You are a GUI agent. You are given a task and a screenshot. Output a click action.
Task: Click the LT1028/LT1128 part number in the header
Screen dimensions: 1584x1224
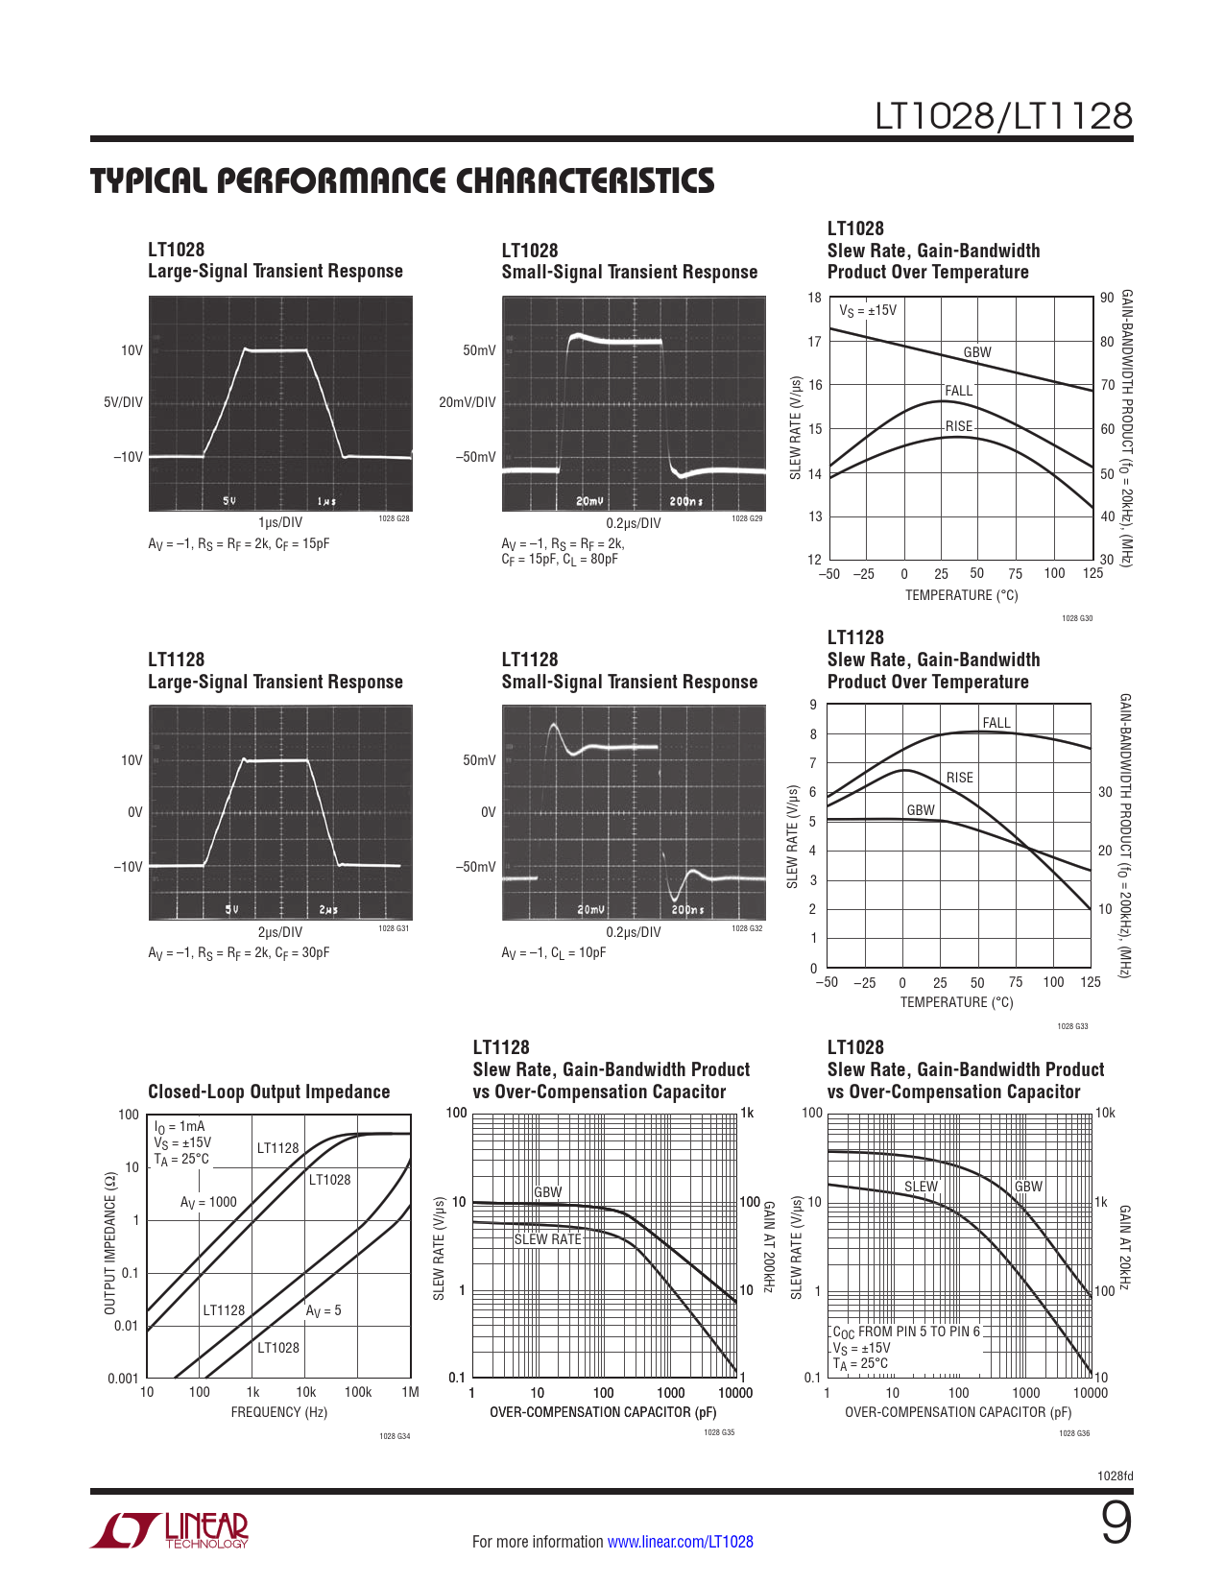[1003, 116]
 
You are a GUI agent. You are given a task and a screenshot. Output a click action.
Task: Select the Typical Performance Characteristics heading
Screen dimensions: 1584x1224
[402, 181]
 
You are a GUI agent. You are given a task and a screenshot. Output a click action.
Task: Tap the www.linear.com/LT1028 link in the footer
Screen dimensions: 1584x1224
[680, 1542]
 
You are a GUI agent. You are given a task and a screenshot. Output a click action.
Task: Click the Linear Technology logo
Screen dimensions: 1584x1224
[170, 1530]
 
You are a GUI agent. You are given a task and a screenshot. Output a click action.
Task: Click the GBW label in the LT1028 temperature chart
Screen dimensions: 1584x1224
[977, 352]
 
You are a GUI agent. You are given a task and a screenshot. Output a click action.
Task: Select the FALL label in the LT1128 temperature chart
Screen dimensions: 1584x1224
[996, 723]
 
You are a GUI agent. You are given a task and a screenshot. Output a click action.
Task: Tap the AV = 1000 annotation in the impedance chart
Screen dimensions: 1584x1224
[208, 1202]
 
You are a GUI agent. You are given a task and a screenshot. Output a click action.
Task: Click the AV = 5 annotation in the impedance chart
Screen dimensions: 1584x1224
[324, 1310]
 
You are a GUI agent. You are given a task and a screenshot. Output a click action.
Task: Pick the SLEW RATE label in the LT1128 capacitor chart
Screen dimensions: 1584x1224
[548, 1239]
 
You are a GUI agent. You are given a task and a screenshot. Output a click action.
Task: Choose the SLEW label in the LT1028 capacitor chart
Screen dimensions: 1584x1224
[921, 1187]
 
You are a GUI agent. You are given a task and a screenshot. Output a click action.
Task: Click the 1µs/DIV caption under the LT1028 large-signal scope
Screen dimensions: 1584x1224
[280, 522]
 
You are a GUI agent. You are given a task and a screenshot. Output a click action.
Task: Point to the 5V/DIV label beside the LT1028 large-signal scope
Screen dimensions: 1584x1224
[123, 402]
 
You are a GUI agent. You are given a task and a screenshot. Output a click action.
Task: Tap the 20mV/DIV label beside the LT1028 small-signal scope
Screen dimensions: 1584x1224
[468, 402]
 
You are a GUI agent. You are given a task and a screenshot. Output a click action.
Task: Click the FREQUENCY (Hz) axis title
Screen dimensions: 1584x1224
[279, 1412]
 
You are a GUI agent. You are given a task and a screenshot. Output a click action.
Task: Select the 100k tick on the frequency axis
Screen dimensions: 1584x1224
[358, 1392]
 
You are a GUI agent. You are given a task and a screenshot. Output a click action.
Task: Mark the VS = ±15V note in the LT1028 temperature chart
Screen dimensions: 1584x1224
[868, 310]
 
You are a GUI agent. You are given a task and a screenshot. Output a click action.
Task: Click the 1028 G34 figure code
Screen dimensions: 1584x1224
[395, 1436]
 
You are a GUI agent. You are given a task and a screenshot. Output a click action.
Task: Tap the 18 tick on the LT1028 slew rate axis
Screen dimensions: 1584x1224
[814, 298]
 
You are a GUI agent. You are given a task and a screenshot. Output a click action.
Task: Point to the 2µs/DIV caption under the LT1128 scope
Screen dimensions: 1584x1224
[280, 932]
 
